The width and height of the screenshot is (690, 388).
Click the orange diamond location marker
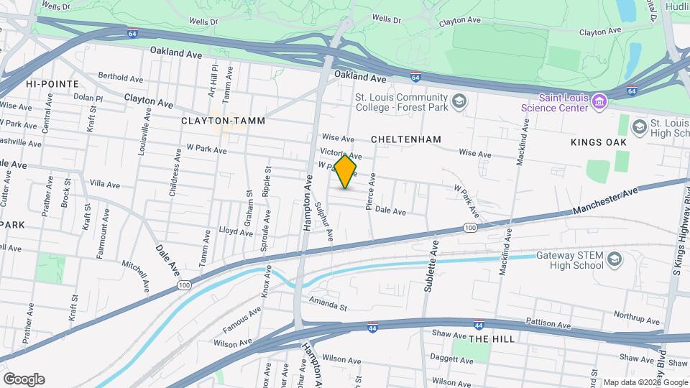[346, 171]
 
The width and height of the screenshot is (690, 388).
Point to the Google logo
[24, 379]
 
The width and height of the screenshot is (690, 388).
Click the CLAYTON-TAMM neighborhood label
[213, 121]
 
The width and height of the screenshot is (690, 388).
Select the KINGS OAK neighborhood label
[599, 142]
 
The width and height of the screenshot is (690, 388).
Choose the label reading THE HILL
[492, 338]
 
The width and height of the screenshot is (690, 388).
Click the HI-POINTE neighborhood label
[52, 84]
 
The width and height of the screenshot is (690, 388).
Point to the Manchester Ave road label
[605, 203]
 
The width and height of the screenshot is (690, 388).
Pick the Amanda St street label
[328, 304]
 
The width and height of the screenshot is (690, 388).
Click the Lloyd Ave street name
[236, 231]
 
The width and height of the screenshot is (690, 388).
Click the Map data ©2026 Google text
[645, 382]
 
